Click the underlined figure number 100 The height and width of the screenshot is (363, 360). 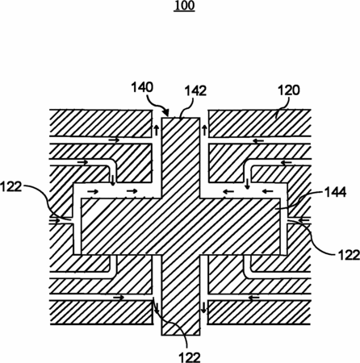[x=184, y=6]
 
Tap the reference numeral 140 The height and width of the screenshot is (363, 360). [x=142, y=87]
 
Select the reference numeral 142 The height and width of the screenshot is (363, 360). [x=195, y=91]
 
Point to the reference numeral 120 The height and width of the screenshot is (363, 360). [x=289, y=90]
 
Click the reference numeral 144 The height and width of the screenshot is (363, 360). [x=336, y=192]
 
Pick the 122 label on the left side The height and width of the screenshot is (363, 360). [x=10, y=186]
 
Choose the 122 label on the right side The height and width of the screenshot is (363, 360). [x=349, y=255]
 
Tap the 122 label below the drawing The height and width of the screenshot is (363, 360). [x=190, y=357]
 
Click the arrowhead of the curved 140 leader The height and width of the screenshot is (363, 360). [x=166, y=112]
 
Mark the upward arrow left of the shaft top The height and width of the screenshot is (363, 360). [x=157, y=130]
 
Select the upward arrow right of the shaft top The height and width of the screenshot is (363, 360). [x=204, y=130]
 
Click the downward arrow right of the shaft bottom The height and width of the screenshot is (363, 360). [x=203, y=307]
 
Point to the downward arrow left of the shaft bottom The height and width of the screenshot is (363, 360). [x=156, y=307]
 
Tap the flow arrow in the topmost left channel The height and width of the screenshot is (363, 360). [x=114, y=140]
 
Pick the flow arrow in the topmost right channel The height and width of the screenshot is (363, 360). [x=258, y=140]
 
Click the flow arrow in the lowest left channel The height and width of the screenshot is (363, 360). [x=119, y=298]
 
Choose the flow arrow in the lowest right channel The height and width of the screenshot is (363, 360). [x=253, y=298]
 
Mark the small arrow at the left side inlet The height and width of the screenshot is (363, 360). [x=55, y=221]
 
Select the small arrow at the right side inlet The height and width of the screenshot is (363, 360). [x=304, y=220]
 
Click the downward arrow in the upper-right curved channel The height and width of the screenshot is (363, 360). [x=247, y=184]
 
